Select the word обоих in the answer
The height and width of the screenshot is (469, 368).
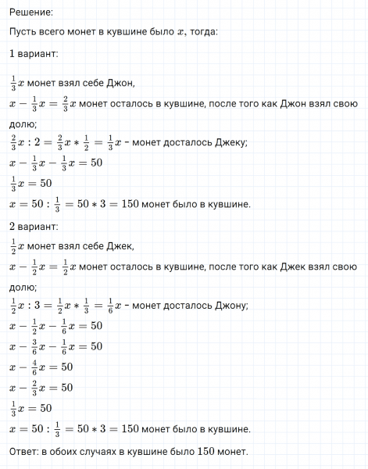click(x=69, y=453)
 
